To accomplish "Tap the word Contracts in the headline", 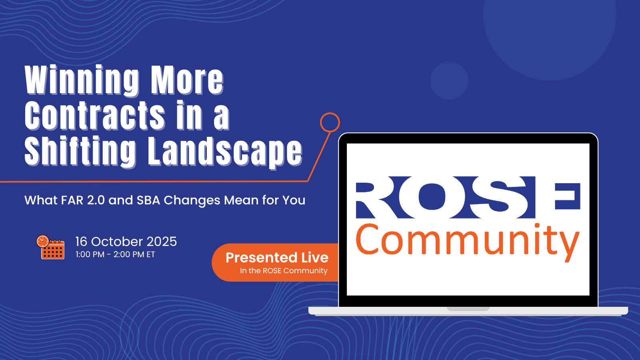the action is coord(95,115).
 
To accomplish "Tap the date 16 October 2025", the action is coord(126,242).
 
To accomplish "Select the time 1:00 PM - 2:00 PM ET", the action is coord(115,254).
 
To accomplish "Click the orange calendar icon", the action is coord(50,247).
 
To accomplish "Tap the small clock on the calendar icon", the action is coord(42,241).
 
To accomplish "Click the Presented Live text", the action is coord(277,258).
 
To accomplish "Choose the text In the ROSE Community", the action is coord(284,270).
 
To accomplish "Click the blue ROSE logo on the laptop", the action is coord(468,198).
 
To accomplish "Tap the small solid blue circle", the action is coord(449,80).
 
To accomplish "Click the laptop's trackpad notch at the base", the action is coord(468,308).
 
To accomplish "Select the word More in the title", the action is coord(187,80).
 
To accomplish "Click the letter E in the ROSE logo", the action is coord(568,196).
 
